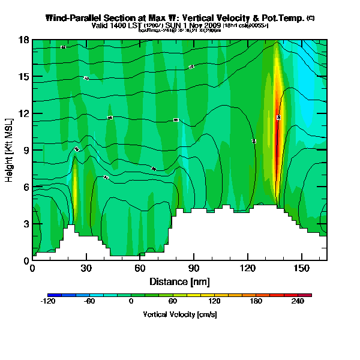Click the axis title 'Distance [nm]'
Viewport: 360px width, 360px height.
[x=179, y=281]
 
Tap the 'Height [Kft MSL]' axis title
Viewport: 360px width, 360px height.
[x=10, y=150]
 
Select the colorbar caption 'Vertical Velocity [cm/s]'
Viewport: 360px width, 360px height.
[x=179, y=314]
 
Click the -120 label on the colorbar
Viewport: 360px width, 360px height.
[x=47, y=302]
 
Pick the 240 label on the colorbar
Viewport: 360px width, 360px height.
[x=298, y=302]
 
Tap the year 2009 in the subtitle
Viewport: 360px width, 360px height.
[x=211, y=26]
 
